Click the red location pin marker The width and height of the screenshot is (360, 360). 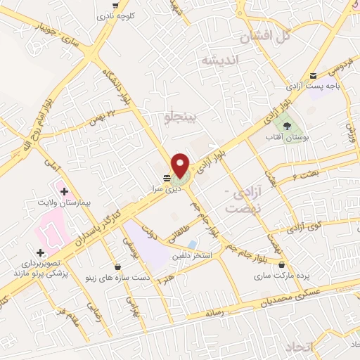[x=181, y=165]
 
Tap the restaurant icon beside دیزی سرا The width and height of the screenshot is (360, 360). [x=167, y=178]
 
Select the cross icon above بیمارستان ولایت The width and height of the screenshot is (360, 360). [x=64, y=191]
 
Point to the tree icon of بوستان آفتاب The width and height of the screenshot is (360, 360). [x=286, y=127]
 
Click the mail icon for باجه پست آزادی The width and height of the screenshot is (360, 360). [x=314, y=76]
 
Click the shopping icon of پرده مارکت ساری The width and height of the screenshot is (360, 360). [x=282, y=265]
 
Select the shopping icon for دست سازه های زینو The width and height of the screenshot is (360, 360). [x=116, y=266]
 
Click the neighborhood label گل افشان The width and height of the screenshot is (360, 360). [x=263, y=35]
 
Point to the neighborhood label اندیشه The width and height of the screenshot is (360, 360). [x=219, y=60]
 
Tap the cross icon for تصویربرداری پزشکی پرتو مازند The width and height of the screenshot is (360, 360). [x=40, y=252]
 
